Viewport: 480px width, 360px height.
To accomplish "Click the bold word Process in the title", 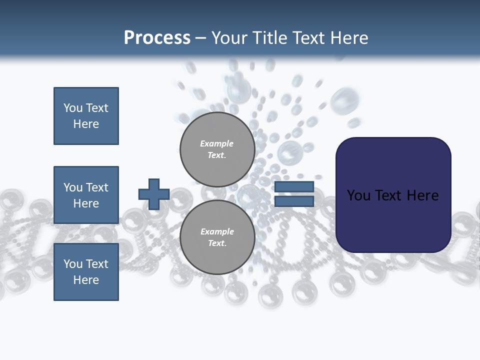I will coord(157,38).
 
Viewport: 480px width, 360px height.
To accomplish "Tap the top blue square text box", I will coord(86,116).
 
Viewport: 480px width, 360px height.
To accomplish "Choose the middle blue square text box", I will coord(86,195).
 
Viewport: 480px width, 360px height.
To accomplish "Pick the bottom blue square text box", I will coord(86,272).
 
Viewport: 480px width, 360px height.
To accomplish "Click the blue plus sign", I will coord(154,194).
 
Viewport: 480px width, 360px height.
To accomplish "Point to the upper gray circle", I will coord(217,149).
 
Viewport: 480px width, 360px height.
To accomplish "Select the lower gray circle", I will coord(217,237).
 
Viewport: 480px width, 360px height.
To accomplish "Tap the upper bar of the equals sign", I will coord(294,187).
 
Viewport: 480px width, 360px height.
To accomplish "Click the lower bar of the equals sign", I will coord(294,201).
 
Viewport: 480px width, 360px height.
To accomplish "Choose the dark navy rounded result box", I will coord(393,194).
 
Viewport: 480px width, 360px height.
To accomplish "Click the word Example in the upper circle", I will coord(216,143).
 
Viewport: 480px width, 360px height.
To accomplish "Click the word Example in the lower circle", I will coord(217,231).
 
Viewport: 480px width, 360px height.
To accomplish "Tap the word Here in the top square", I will coord(86,124).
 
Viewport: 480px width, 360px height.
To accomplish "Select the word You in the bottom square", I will coord(73,264).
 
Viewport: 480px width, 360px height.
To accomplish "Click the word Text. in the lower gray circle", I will coord(217,243).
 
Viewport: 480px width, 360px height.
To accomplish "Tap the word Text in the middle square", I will coord(97,187).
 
